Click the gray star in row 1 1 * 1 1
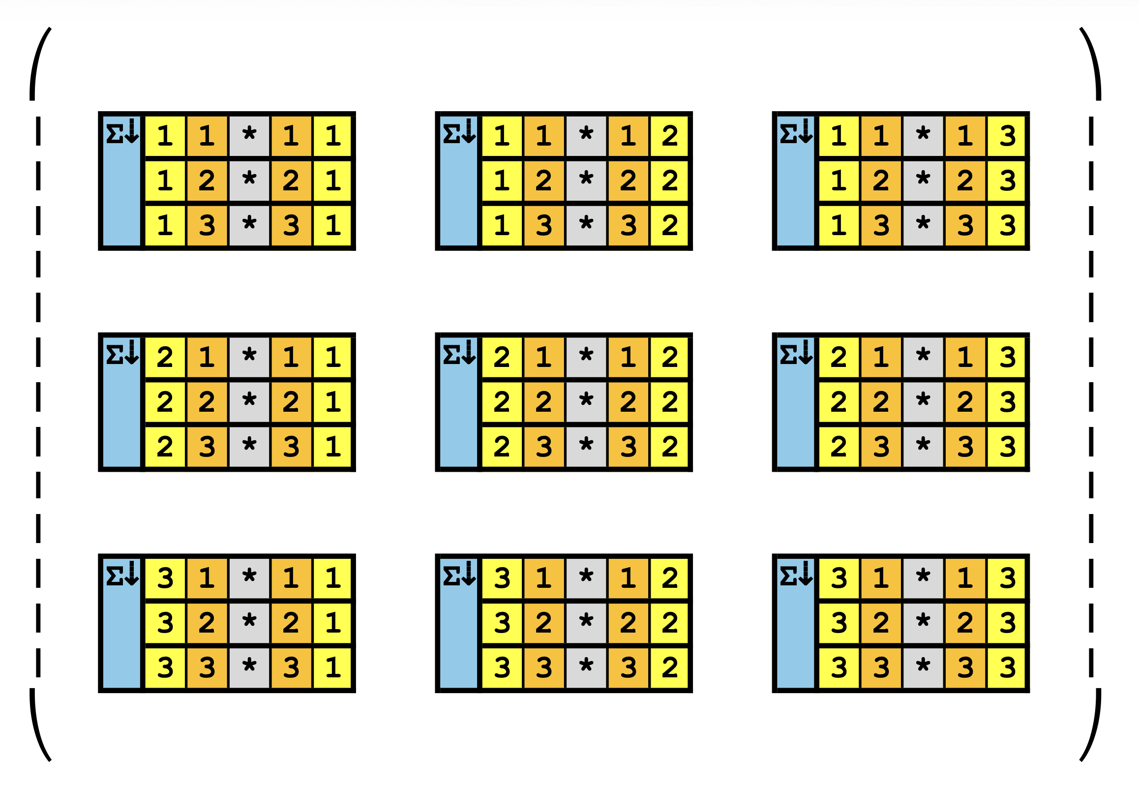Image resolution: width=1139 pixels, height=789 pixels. pos(249,135)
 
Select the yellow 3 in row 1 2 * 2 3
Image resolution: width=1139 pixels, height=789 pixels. pos(1007,181)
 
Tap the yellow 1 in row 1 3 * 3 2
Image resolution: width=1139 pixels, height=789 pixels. pos(502,225)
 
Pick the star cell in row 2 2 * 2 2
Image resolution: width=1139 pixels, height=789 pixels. pos(586,401)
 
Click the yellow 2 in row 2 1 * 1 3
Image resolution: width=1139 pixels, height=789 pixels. pos(839,357)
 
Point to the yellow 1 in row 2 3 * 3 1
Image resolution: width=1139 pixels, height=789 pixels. pos(333,447)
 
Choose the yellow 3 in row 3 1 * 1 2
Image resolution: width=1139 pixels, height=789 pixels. pos(502,577)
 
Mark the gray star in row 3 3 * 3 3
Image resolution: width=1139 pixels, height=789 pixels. pos(923,668)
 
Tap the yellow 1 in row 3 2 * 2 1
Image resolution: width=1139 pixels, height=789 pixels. pos(333,622)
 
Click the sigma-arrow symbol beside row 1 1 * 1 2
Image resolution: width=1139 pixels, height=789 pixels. pos(459,132)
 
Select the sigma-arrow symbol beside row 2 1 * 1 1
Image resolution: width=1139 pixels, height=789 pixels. pos(122,354)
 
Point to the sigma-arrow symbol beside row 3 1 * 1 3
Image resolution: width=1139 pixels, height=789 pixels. pos(796,575)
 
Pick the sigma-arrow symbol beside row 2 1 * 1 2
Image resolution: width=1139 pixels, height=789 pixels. pos(459,354)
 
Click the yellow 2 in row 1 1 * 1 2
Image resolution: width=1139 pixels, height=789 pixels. pos(670,135)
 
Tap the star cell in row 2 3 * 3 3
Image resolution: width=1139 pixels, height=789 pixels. pos(923,447)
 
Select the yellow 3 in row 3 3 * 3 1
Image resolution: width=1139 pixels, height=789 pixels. pos(165,668)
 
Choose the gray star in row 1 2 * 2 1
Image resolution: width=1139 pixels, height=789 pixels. pos(249,181)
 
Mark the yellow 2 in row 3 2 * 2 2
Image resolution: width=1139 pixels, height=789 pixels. pos(670,622)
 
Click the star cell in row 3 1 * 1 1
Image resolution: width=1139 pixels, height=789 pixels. pos(249,577)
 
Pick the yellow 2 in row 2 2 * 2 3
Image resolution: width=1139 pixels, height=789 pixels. pos(839,401)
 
